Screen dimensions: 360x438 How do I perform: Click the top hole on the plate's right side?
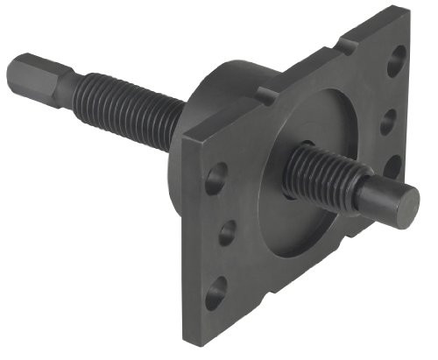[x=397, y=60]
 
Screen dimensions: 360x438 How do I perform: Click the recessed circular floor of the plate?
[x=289, y=219]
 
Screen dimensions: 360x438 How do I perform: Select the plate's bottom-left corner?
[x=188, y=337]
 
